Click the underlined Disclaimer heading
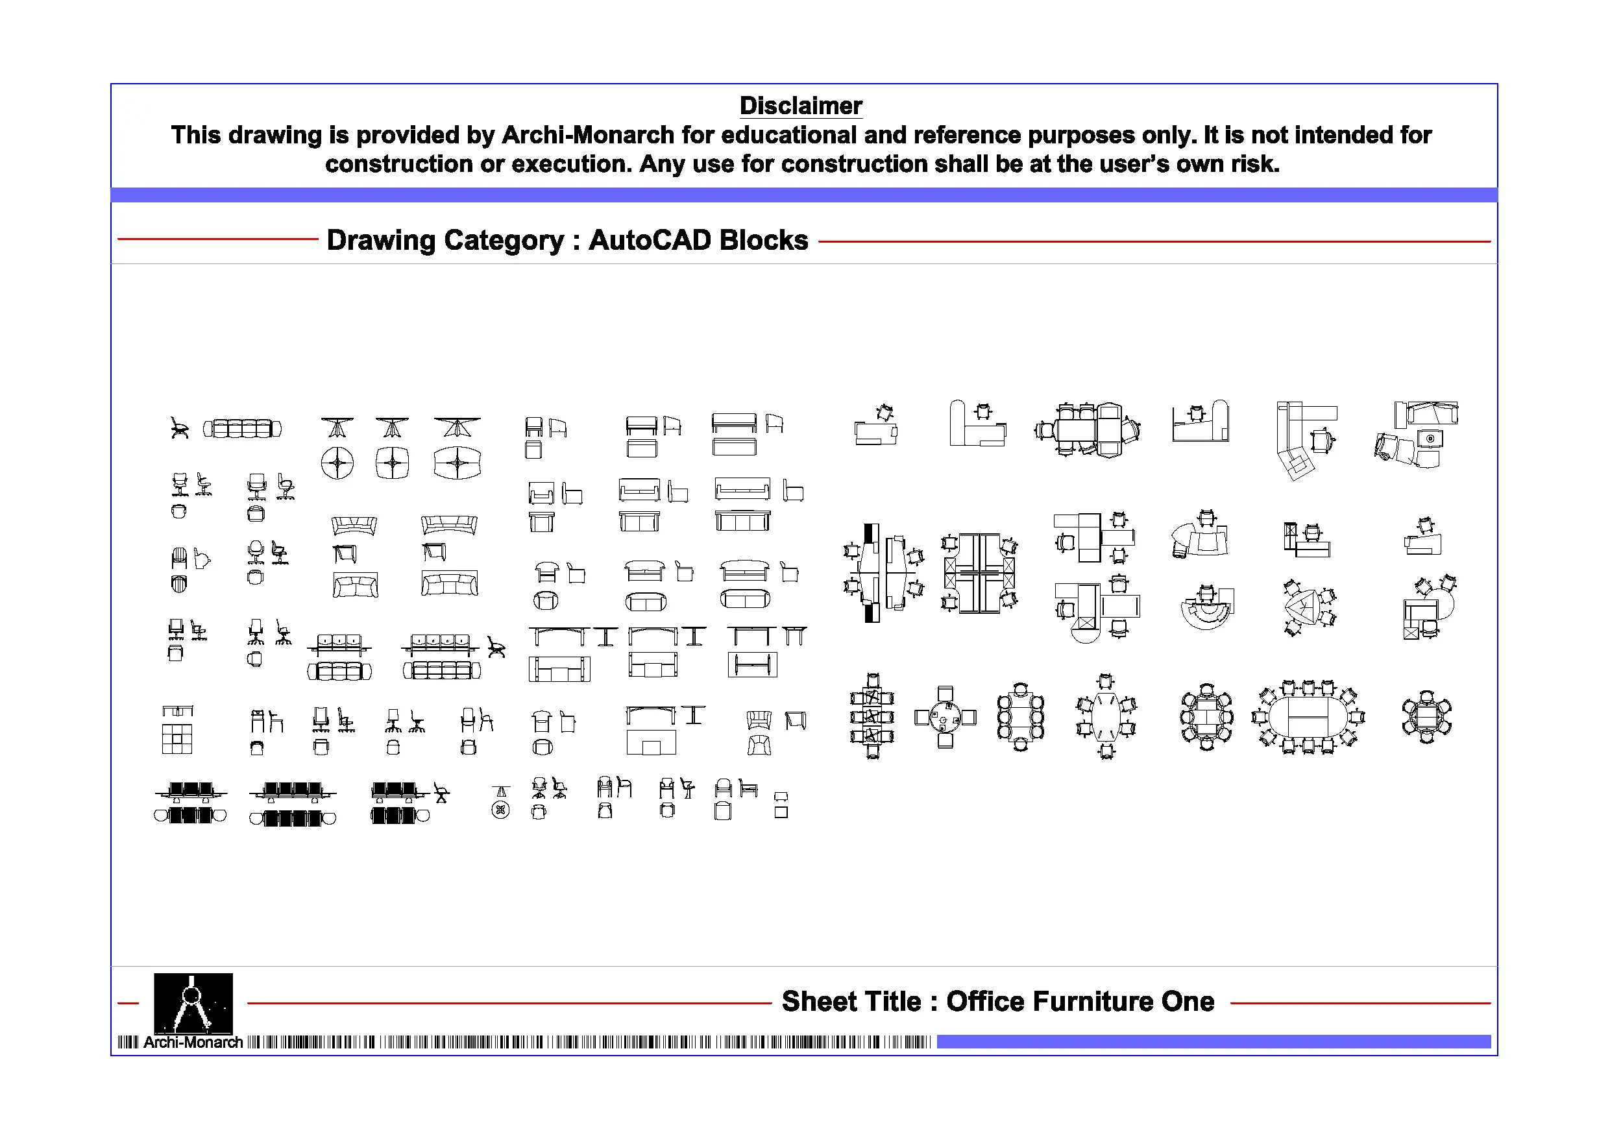(x=800, y=106)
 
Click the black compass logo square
(x=193, y=1002)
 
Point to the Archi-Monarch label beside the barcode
(x=193, y=1043)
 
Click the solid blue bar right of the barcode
(x=1212, y=1042)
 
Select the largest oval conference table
(x=1308, y=716)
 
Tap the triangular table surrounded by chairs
(x=1307, y=606)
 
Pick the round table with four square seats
(x=945, y=718)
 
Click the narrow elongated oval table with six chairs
(x=1106, y=716)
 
